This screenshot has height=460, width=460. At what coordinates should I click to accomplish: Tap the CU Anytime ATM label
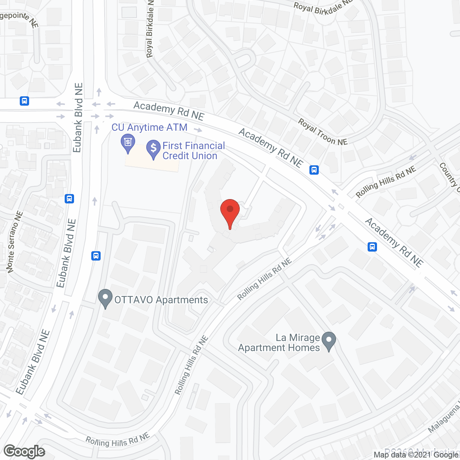pyautogui.click(x=149, y=128)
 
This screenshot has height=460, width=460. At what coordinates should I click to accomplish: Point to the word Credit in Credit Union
pyautogui.click(x=175, y=156)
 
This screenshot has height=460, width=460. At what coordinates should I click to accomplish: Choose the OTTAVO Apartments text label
pyautogui.click(x=161, y=300)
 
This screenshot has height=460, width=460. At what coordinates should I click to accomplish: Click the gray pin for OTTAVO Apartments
pyautogui.click(x=105, y=298)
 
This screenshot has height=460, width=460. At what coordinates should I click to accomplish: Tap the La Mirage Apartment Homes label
pyautogui.click(x=279, y=342)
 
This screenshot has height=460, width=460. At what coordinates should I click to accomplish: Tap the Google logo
pyautogui.click(x=24, y=451)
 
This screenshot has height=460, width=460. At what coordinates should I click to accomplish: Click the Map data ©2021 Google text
pyautogui.click(x=416, y=455)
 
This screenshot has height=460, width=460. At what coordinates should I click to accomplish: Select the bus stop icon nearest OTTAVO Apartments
pyautogui.click(x=96, y=256)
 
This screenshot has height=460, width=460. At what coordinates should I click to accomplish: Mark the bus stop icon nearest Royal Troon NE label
pyautogui.click(x=314, y=170)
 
